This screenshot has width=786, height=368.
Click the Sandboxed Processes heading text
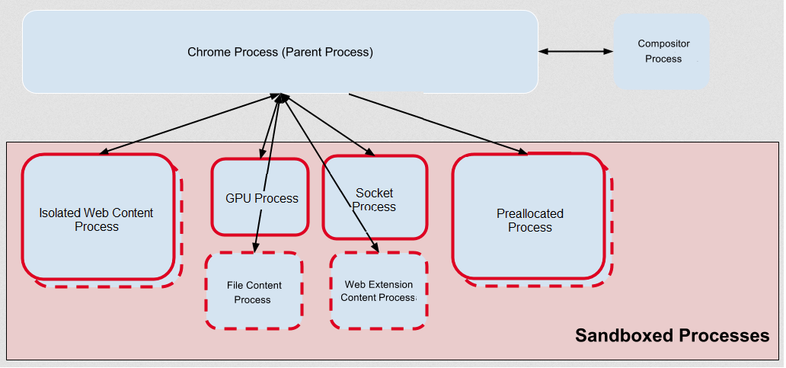coord(672,336)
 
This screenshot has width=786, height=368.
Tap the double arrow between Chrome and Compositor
coord(576,52)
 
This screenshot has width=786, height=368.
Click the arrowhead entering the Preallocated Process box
coord(523,152)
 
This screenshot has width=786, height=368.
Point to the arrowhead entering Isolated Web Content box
coord(104,152)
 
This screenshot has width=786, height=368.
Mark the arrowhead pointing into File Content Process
coord(255,248)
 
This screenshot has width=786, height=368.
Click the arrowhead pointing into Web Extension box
coord(375,247)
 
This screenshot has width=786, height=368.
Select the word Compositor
coord(663,44)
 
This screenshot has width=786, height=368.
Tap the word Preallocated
coord(530,214)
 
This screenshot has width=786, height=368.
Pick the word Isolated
coord(59,213)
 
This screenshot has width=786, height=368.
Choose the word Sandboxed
coord(622,336)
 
